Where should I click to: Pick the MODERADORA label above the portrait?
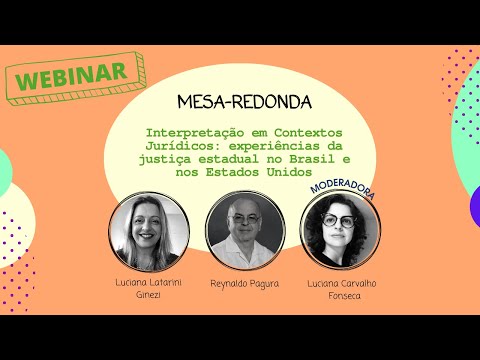click(343, 191)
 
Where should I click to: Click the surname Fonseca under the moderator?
click(343, 297)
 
